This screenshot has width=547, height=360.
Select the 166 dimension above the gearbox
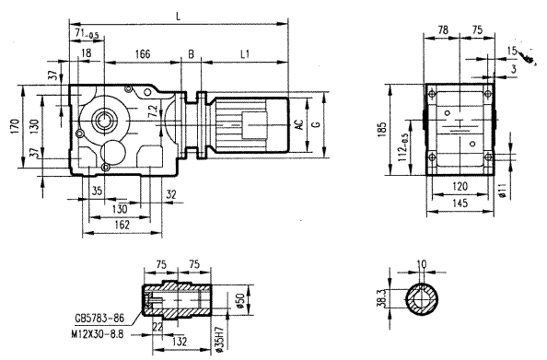[x=142, y=55]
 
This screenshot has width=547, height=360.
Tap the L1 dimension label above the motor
[x=246, y=55]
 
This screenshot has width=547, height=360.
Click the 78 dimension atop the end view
[x=443, y=29]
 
